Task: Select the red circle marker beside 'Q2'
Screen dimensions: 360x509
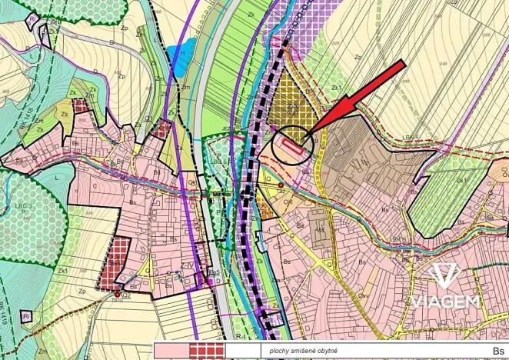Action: point(118,294)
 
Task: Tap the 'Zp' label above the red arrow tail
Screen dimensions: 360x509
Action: point(358,57)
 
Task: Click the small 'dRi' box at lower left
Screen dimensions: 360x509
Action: point(26,316)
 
